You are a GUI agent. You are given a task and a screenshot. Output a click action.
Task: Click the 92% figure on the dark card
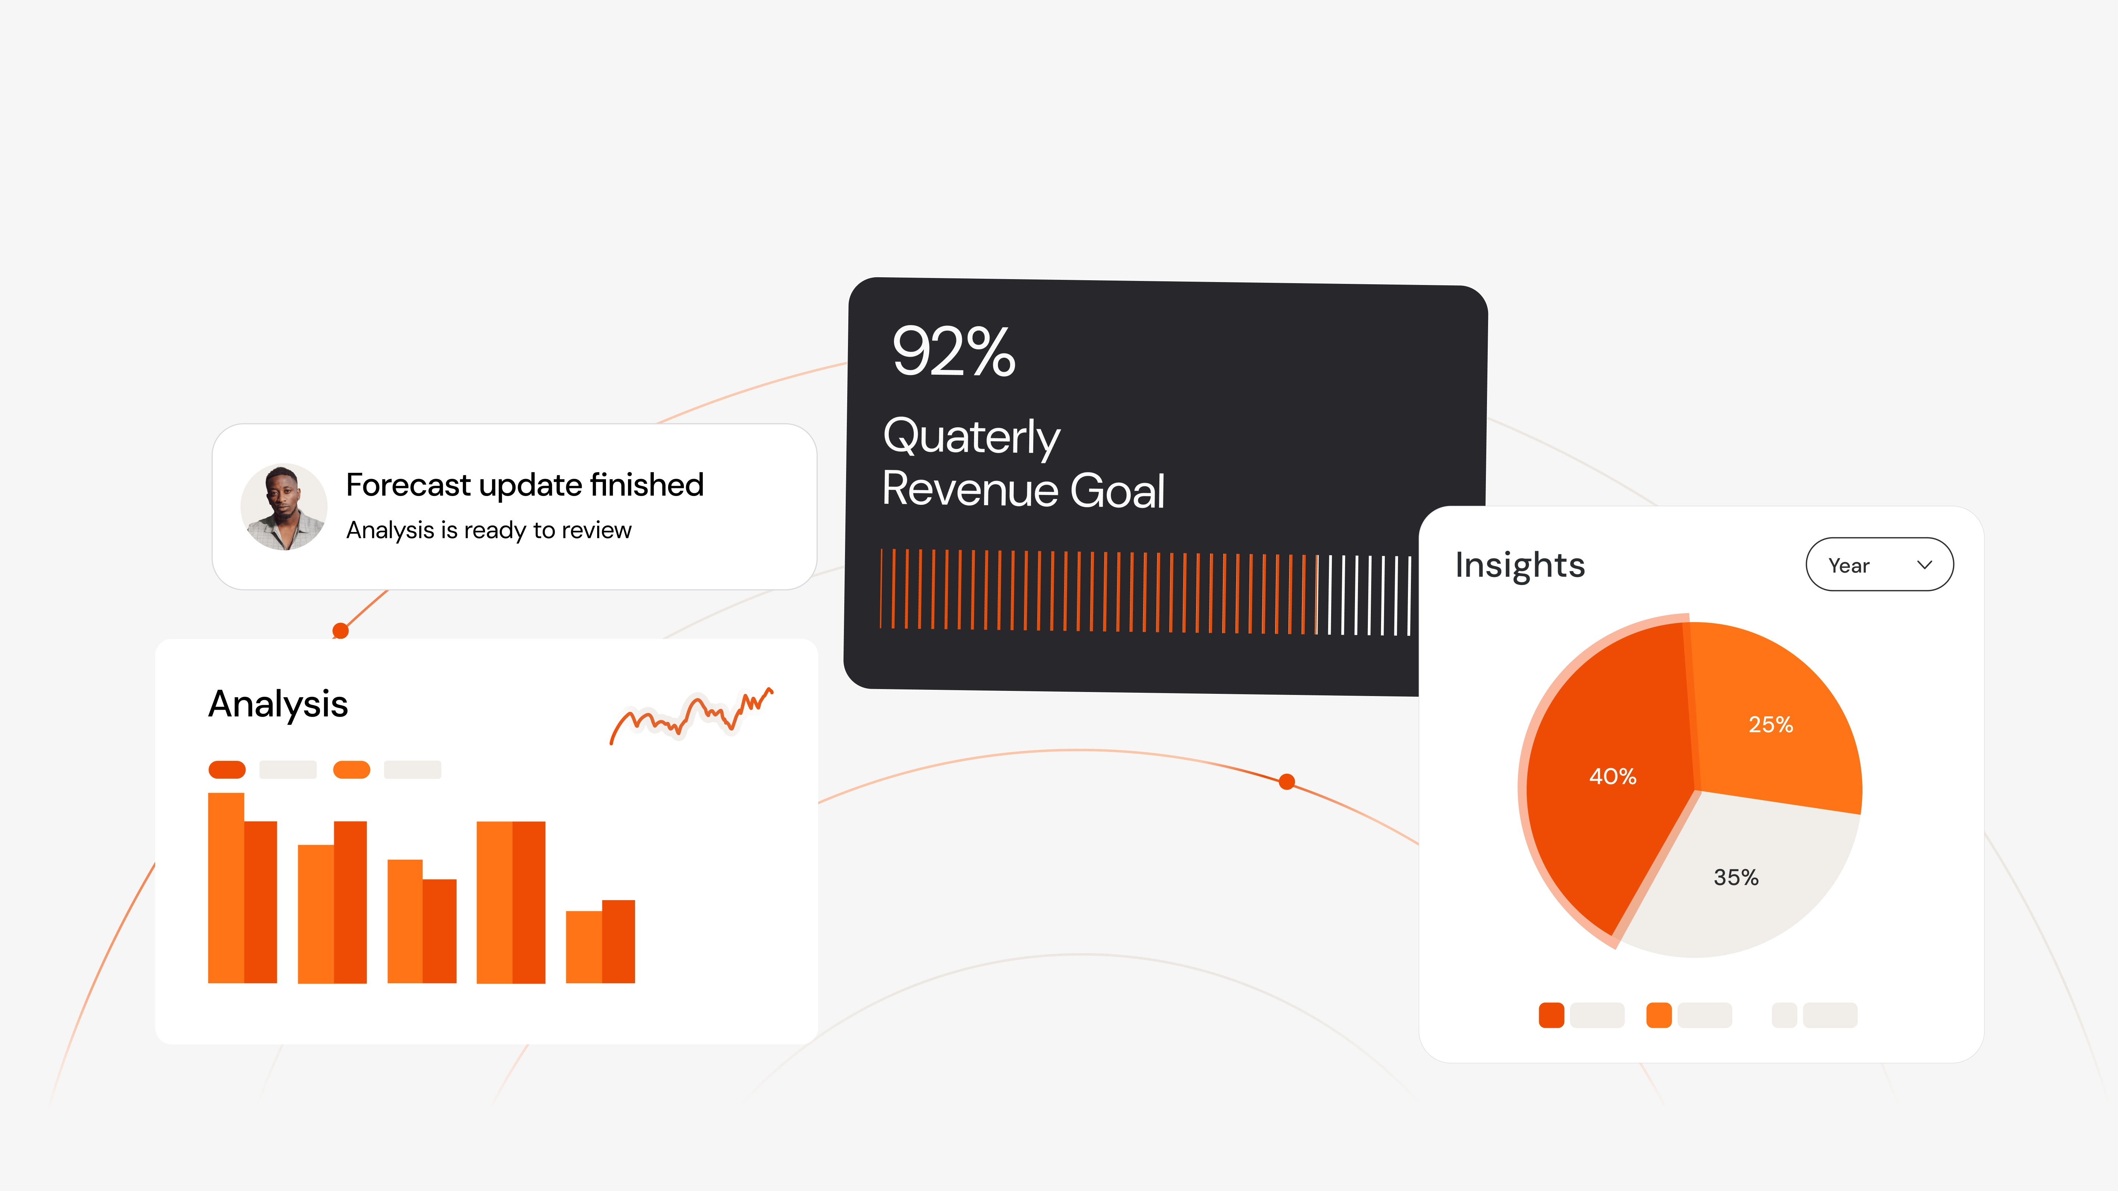coord(954,352)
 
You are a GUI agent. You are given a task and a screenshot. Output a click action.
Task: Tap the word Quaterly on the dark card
coord(971,436)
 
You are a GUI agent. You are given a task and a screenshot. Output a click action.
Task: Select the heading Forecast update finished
coord(525,485)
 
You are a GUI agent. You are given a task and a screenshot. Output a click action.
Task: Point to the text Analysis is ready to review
coord(488,530)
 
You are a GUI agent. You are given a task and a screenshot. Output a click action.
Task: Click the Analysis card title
coord(278,705)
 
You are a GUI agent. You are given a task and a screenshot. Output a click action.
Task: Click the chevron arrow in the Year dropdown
coord(1924,565)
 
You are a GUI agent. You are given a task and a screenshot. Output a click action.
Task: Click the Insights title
coord(1519,566)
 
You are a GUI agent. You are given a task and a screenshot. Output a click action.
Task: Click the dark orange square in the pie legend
coord(1551,1015)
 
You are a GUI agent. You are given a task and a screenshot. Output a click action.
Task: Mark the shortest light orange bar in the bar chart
coord(584,947)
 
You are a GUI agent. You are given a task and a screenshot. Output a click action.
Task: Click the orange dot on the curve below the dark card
coord(1287,782)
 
